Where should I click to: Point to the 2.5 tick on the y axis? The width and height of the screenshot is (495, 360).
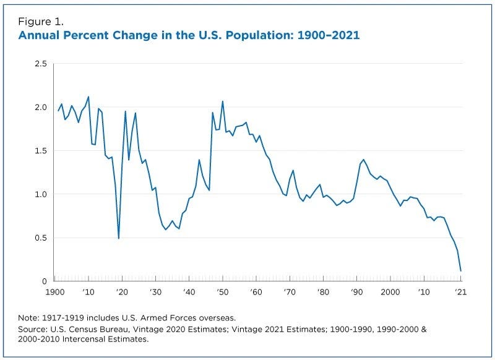41,64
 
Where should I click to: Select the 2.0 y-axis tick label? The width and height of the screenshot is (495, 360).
41,107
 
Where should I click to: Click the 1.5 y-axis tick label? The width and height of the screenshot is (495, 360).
41,151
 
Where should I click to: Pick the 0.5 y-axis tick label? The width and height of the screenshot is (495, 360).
41,238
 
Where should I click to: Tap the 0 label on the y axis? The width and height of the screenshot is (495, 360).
45,281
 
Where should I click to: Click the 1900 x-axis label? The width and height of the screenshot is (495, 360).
55,291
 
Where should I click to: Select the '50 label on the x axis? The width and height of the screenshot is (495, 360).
222,291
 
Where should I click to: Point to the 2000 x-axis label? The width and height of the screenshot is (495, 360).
389,291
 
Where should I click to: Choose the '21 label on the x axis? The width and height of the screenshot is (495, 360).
460,291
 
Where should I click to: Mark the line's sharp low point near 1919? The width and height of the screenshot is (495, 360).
119,238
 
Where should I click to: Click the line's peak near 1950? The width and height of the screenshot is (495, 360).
223,101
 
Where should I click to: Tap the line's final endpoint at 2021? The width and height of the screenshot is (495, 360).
460,271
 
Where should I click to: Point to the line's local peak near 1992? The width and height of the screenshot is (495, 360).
363,160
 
